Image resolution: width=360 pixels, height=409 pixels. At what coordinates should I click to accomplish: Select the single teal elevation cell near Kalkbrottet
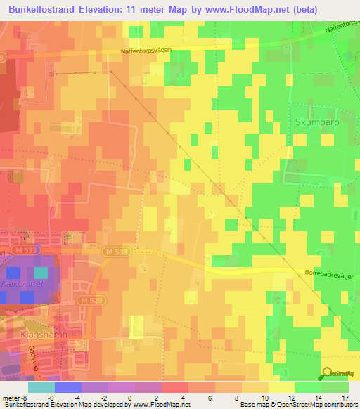click(x=41, y=273)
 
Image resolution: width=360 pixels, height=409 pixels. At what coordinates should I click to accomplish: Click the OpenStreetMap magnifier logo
click(x=327, y=373)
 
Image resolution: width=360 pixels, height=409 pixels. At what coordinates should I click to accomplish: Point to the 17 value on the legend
click(x=345, y=397)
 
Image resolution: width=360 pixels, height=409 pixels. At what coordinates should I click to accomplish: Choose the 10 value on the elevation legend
click(x=262, y=397)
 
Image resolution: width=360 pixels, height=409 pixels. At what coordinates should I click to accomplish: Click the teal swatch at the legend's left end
click(x=41, y=387)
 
